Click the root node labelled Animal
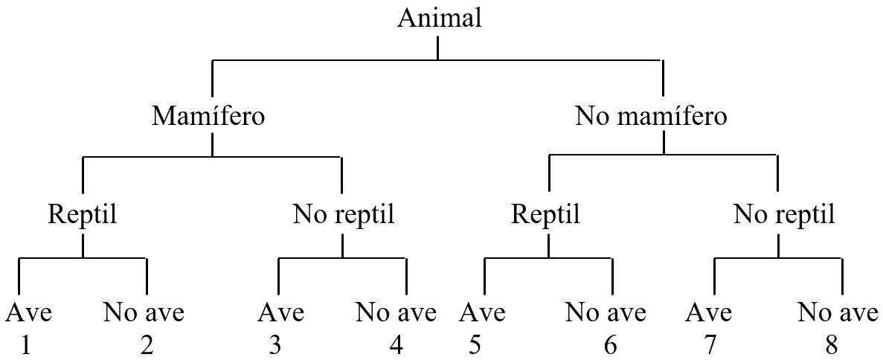439,18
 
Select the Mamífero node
208,117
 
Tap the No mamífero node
651,117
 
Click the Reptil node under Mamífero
83,215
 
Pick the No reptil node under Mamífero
343,215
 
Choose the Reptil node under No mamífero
545,215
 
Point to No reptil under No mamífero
783,215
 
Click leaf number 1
25,346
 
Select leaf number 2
147,346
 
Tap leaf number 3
276,346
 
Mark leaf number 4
396,346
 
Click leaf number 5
474,346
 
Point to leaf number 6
610,346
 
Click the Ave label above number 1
28,313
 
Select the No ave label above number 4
396,313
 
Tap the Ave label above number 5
481,313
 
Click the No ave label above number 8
838,313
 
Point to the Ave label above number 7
708,313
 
